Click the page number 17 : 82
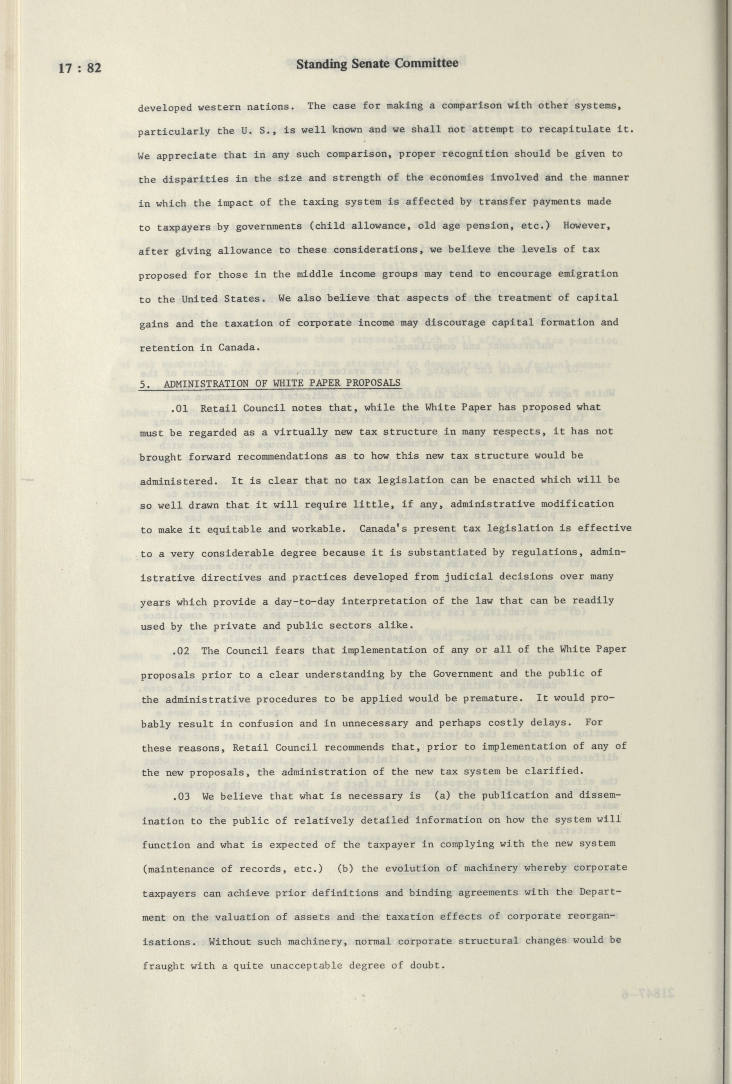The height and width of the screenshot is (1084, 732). (x=80, y=69)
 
